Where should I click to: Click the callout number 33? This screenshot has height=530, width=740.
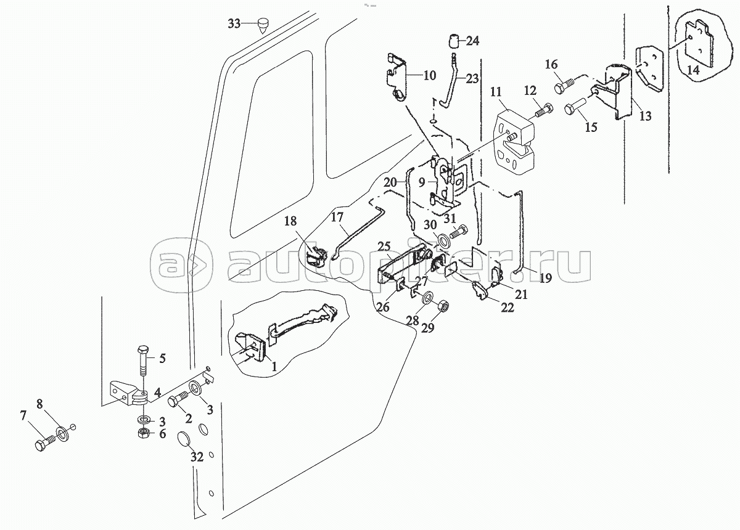[234, 24]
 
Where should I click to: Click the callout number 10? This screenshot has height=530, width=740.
[429, 76]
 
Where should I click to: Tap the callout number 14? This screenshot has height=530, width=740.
[693, 71]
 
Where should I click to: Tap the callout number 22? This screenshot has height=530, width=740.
[507, 308]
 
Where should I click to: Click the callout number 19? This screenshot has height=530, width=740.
[545, 278]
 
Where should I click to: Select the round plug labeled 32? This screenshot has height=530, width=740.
[184, 441]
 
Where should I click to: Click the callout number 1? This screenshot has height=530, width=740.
[271, 366]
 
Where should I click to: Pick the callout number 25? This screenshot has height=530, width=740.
[384, 247]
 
